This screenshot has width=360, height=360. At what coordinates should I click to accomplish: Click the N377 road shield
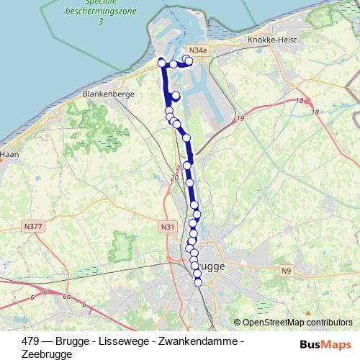click(x=33, y=226)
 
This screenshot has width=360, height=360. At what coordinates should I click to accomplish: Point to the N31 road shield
click(x=168, y=227)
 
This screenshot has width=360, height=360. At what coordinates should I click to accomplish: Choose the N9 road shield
click(x=287, y=270)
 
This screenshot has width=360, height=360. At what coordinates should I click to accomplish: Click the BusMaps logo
click(x=326, y=343)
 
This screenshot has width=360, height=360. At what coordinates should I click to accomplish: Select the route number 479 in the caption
click(x=31, y=340)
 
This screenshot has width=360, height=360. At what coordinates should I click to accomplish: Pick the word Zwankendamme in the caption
click(x=199, y=340)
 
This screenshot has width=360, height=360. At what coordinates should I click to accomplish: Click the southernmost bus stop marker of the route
click(x=198, y=282)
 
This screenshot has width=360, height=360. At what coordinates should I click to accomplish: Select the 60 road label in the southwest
click(x=66, y=296)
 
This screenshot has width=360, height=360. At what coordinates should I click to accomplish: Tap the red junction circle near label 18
click(x=307, y=102)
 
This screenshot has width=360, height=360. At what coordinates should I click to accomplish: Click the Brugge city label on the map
click(x=211, y=266)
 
